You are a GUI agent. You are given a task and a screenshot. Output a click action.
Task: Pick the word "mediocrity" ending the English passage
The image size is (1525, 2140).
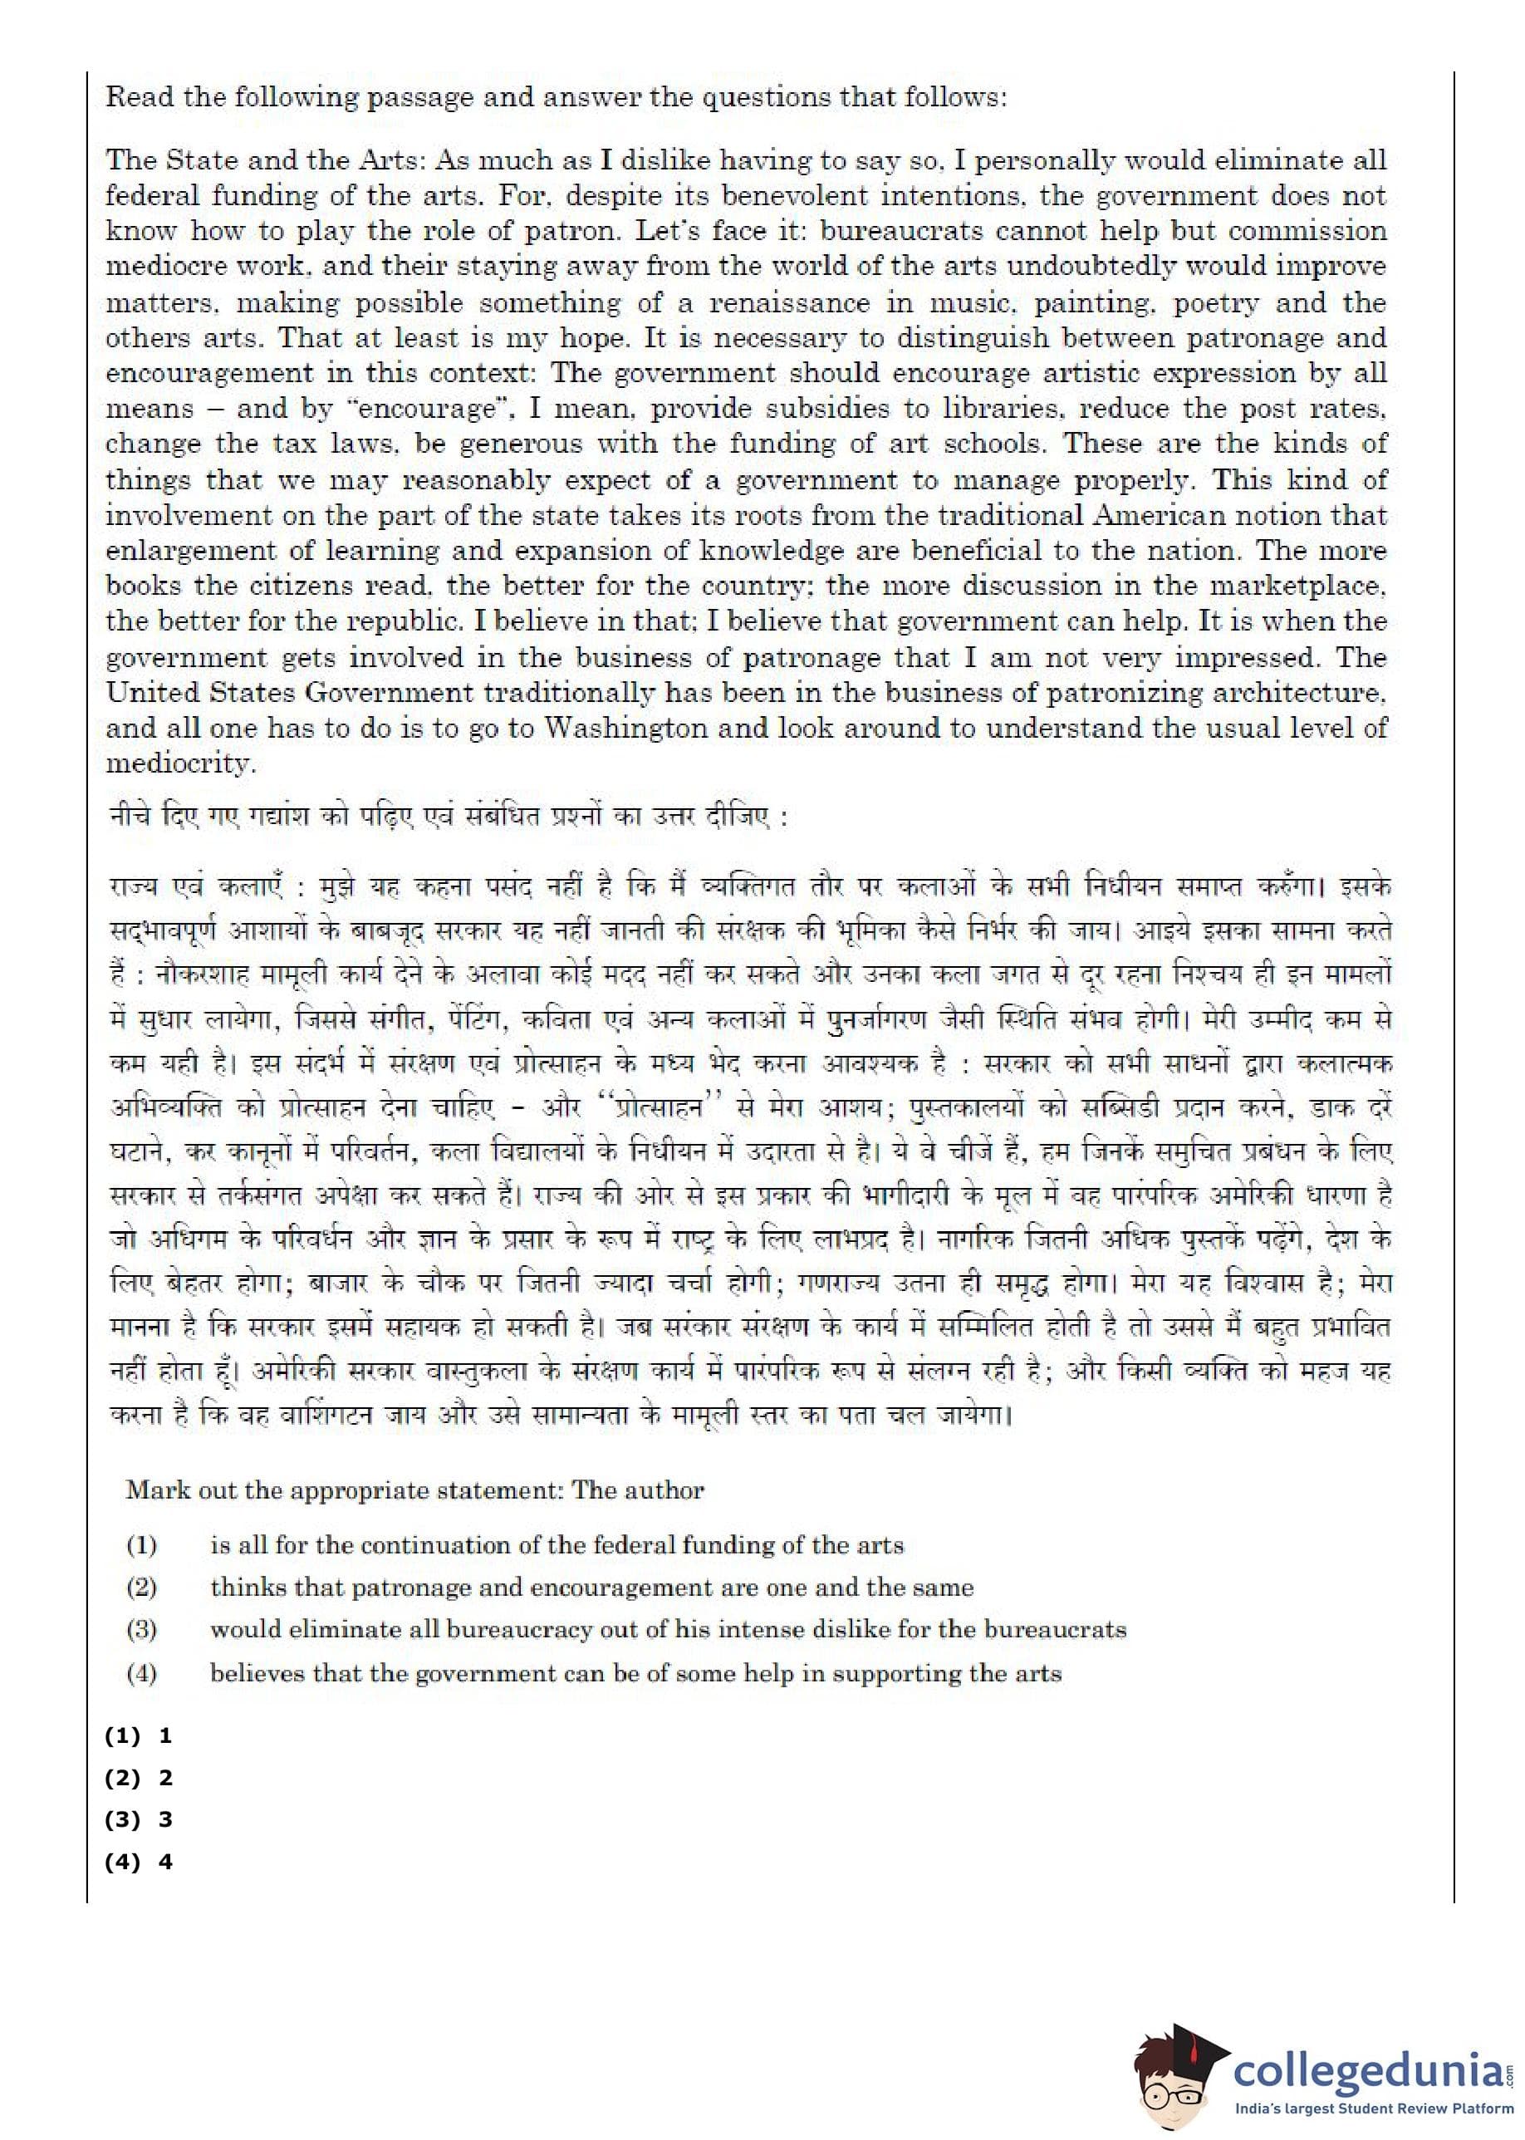[x=179, y=763]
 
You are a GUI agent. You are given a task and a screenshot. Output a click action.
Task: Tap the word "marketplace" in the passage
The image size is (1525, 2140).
[x=1296, y=586]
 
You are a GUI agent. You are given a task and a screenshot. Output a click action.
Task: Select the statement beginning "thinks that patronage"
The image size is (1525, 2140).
[x=591, y=1587]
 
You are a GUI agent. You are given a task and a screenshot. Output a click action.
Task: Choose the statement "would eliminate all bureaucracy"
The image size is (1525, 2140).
[x=668, y=1629]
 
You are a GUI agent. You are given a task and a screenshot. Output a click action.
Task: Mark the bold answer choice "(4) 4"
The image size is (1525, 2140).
[x=139, y=1862]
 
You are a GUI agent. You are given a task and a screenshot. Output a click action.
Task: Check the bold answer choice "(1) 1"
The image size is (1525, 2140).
[x=139, y=1735]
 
